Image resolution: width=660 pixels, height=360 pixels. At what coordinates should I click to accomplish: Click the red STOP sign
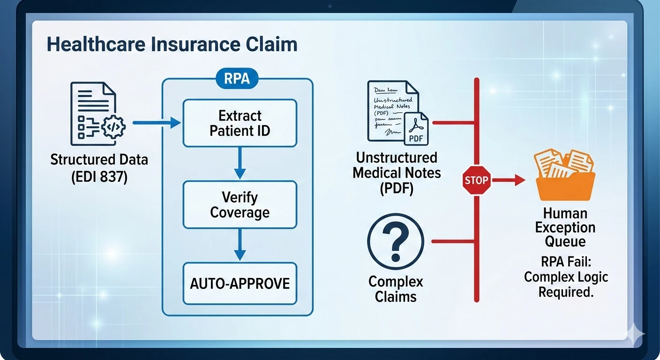[476, 180]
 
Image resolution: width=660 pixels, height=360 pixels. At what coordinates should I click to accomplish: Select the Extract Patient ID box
[240, 123]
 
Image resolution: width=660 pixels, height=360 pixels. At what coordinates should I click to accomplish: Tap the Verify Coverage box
[240, 205]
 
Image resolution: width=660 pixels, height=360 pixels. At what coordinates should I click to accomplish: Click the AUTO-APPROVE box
[240, 283]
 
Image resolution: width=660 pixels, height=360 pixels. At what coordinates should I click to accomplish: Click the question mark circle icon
[396, 242]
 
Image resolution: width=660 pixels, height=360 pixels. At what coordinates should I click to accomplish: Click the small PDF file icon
[416, 128]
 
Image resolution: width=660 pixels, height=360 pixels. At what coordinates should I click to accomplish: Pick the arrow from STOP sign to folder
[509, 180]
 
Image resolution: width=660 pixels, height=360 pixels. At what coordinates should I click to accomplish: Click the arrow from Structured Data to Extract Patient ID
[157, 123]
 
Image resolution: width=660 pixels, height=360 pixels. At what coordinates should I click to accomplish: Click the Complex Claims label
[396, 289]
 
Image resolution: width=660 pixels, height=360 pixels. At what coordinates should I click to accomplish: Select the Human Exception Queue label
[565, 227]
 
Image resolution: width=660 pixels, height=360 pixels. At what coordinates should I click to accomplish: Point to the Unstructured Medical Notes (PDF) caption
[397, 173]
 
